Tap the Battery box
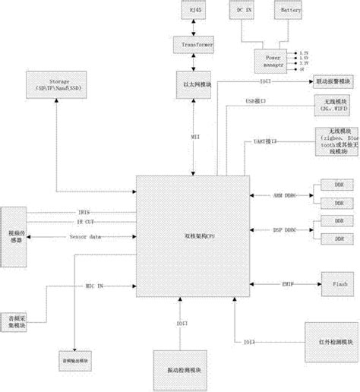click(x=291, y=12)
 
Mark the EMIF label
click(x=289, y=284)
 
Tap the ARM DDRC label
click(x=285, y=195)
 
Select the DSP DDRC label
click(x=285, y=230)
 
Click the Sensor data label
click(x=85, y=237)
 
